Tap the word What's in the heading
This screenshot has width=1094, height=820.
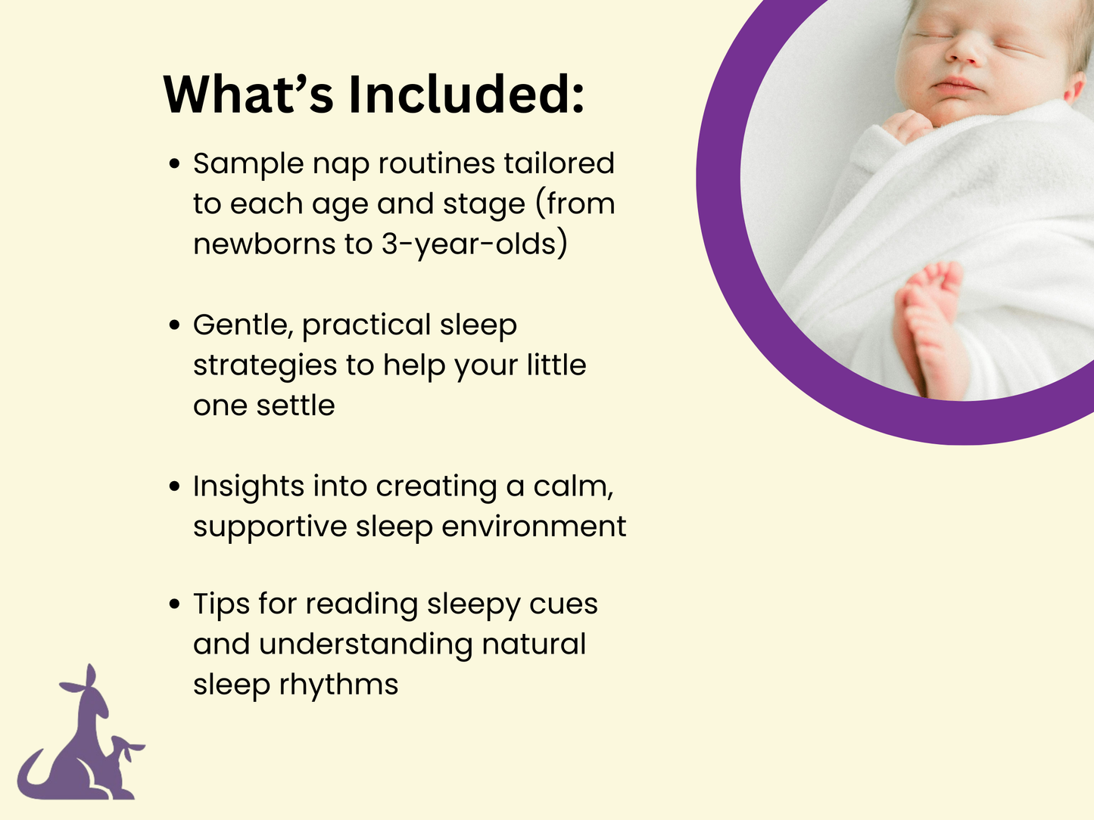click(248, 95)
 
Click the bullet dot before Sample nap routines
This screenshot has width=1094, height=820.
click(175, 164)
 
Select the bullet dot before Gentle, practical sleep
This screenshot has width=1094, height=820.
click(175, 325)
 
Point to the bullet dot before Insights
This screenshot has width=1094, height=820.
click(175, 486)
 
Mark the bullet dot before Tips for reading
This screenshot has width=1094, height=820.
click(175, 604)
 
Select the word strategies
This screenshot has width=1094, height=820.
click(265, 365)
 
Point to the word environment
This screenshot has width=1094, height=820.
click(534, 526)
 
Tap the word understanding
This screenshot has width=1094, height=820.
click(366, 645)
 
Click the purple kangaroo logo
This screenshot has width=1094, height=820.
click(82, 741)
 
